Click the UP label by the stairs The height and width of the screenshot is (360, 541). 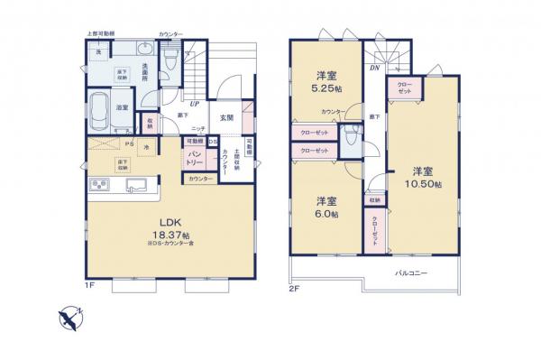point(194,103)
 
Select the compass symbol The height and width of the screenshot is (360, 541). point(69,318)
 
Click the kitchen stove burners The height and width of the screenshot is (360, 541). point(98,186)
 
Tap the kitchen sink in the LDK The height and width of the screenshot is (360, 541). point(136,186)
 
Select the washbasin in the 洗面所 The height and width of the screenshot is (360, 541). point(147,51)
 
